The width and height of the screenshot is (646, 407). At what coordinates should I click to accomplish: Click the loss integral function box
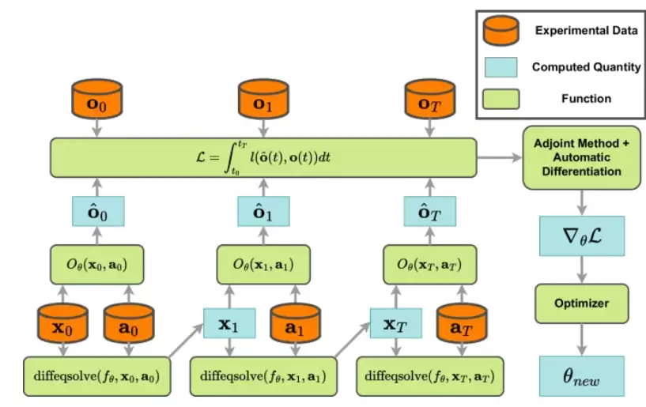tap(263, 157)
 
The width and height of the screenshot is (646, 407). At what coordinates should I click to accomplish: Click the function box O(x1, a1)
tap(262, 265)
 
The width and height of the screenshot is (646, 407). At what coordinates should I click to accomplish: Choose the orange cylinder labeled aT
tap(460, 325)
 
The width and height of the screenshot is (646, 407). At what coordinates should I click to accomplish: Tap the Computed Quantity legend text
tap(586, 67)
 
